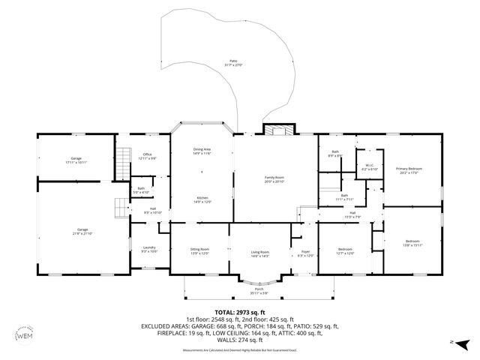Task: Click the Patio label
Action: click(234, 63)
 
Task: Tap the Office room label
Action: click(148, 156)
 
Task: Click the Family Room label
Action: click(274, 179)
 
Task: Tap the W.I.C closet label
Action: click(369, 167)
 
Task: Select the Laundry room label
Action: click(148, 249)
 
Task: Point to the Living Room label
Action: click(259, 253)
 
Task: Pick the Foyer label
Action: click(304, 253)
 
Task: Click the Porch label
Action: click(259, 291)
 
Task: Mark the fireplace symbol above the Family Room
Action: click(278, 130)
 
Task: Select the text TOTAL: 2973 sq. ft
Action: click(239, 312)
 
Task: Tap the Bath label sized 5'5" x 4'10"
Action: click(141, 190)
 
